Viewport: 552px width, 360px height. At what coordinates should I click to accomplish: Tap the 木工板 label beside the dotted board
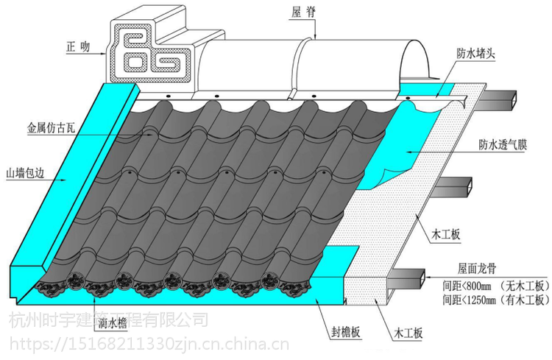coord(445,233)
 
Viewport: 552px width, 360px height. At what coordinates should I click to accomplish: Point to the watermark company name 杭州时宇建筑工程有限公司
coord(107,321)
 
